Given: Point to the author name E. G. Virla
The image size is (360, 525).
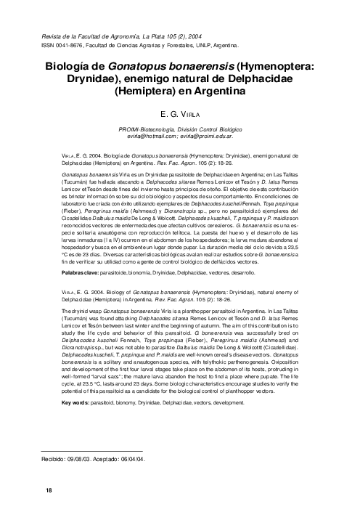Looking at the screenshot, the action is click(179, 115).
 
